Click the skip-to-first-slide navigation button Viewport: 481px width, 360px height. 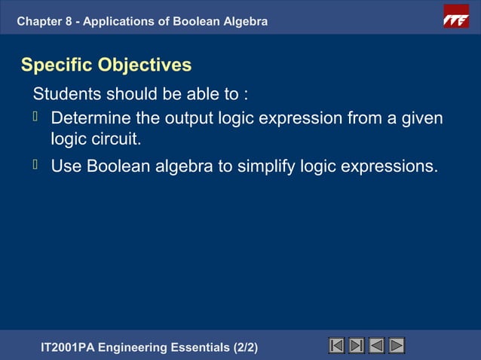(337, 346)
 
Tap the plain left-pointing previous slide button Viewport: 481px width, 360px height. (376, 346)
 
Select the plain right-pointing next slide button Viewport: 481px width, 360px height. (397, 346)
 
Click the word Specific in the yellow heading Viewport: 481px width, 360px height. (57, 66)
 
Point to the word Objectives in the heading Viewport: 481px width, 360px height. (145, 66)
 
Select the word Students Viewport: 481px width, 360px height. (66, 95)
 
